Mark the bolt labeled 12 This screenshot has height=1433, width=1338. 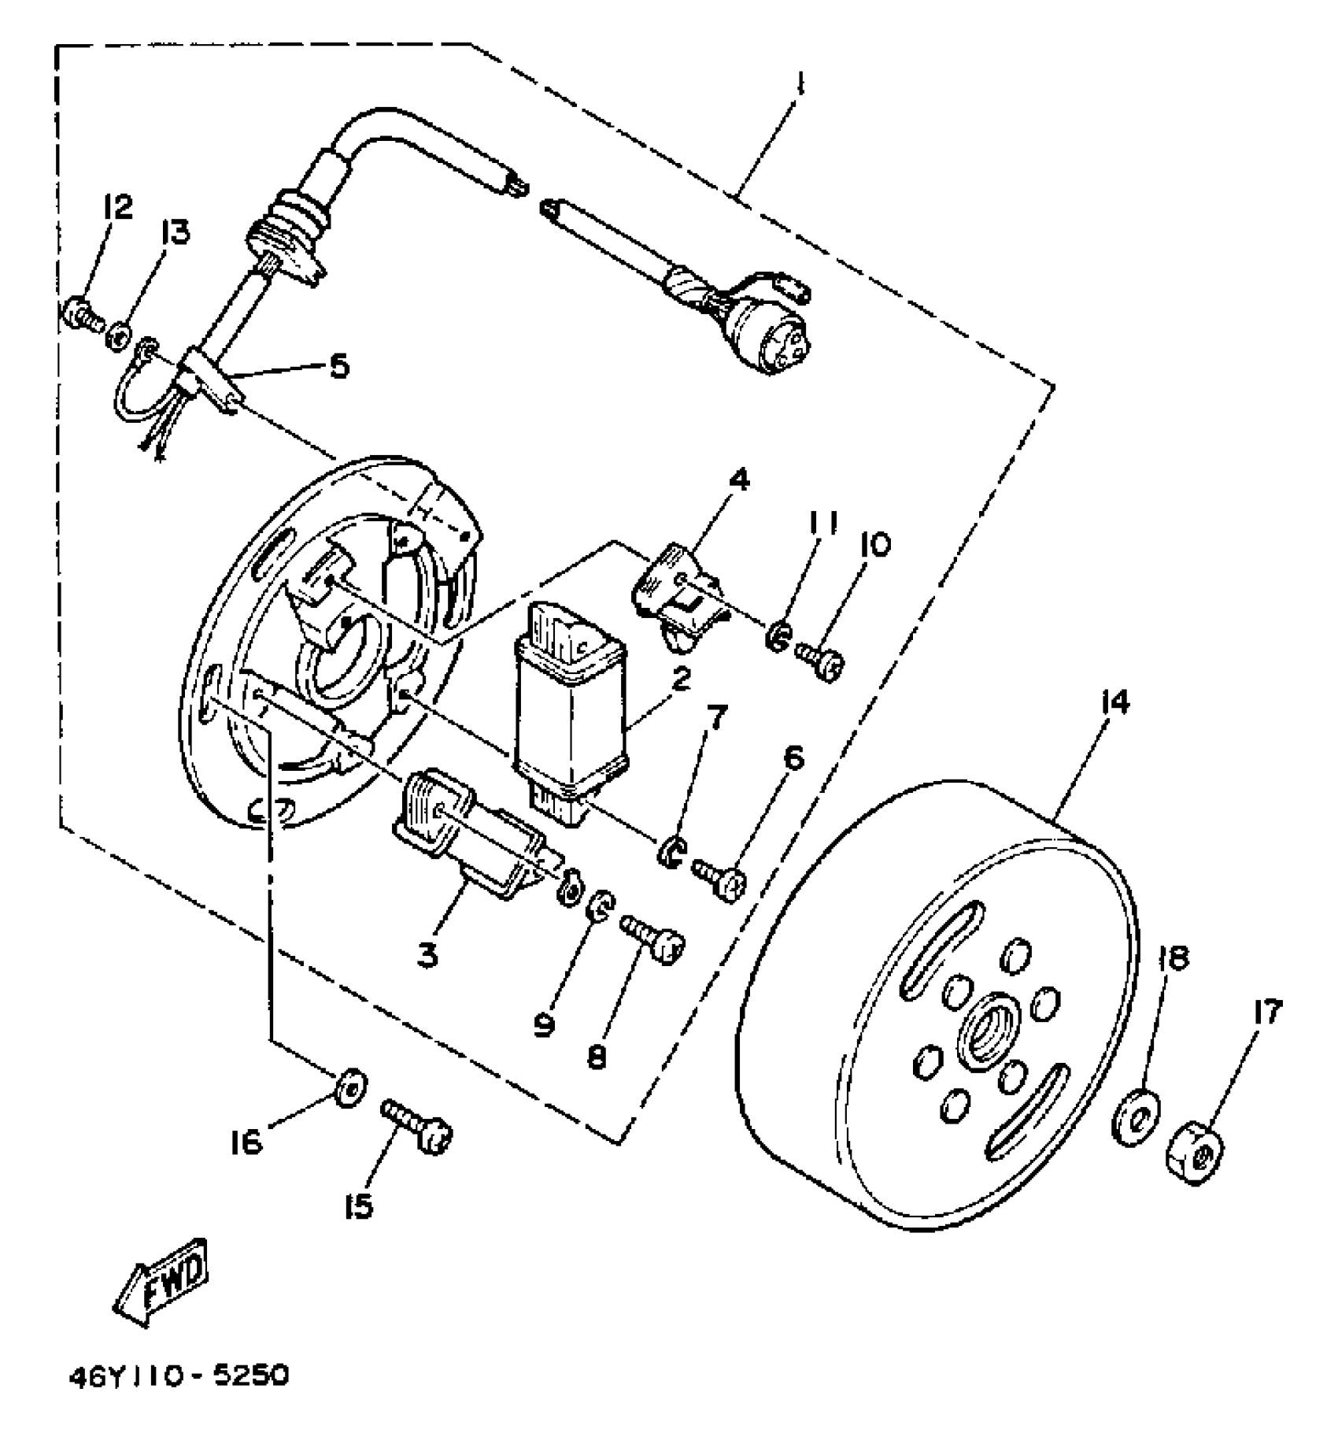pos(81,317)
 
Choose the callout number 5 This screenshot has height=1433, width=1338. pos(338,366)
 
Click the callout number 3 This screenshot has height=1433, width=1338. pos(427,956)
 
